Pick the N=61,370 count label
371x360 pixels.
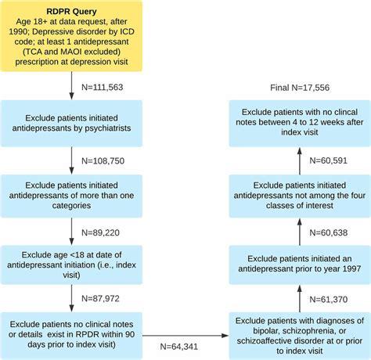[323, 297]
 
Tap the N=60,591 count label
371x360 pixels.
[323, 162]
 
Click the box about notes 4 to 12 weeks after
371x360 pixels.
[298, 123]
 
